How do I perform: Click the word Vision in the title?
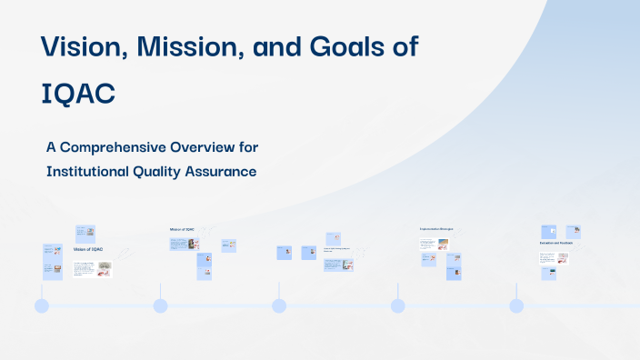click(x=85, y=46)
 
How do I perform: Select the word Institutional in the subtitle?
click(x=93, y=170)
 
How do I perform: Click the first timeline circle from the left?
click(x=42, y=306)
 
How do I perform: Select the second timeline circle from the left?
click(x=161, y=306)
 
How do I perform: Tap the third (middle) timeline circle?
click(x=279, y=306)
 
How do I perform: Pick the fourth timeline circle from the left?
click(x=398, y=306)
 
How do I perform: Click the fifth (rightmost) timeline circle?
click(x=516, y=306)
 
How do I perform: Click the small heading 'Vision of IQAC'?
click(x=88, y=249)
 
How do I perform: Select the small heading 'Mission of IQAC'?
click(x=183, y=229)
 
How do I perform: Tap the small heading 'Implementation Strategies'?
click(x=436, y=229)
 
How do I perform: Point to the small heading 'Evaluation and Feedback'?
click(x=555, y=244)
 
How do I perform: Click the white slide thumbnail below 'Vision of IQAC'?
click(x=92, y=269)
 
